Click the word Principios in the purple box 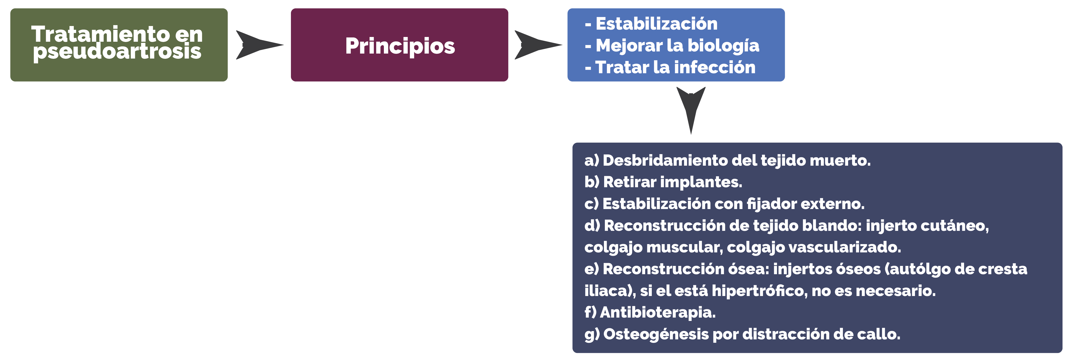(400, 46)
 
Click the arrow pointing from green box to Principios (259, 45)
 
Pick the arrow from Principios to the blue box (538, 45)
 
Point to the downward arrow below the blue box (691, 110)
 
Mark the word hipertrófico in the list (760, 291)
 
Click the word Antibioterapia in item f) (658, 313)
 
